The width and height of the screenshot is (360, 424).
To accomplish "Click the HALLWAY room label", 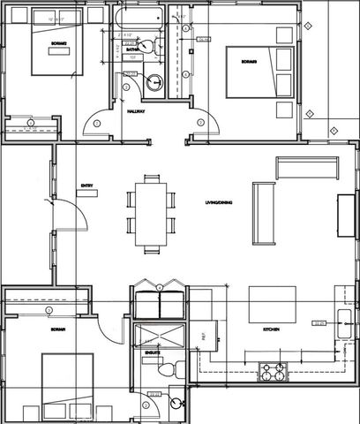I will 136,112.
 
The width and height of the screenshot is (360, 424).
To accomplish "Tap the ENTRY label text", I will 86,185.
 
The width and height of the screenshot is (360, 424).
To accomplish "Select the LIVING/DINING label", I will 217,203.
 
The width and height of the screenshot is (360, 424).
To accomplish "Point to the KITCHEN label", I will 271,329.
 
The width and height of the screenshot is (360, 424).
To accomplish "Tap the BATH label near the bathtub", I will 132,50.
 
